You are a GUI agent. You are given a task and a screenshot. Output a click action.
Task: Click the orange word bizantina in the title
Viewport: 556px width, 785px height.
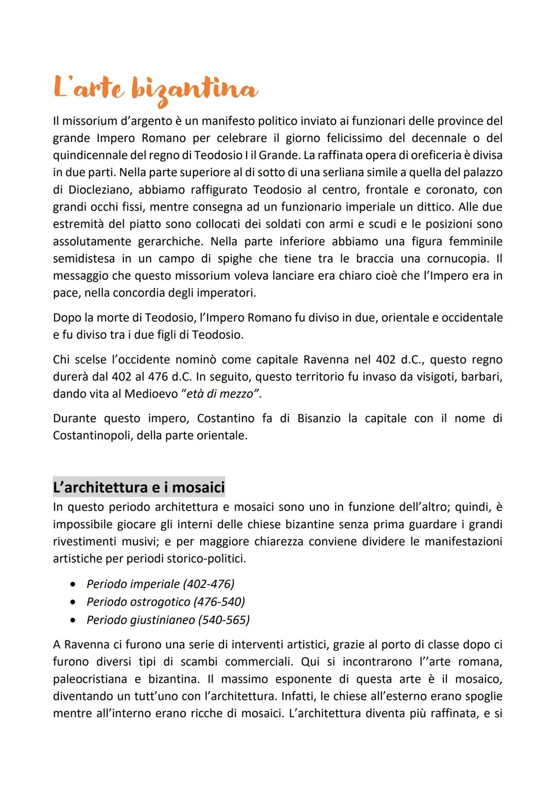(194, 91)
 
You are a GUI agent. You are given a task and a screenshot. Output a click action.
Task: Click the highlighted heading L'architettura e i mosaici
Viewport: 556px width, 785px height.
(139, 486)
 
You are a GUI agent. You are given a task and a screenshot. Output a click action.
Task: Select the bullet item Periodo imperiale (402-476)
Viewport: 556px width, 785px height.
(160, 584)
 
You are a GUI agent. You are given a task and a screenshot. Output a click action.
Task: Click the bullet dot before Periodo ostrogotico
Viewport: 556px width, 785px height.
(76, 602)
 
